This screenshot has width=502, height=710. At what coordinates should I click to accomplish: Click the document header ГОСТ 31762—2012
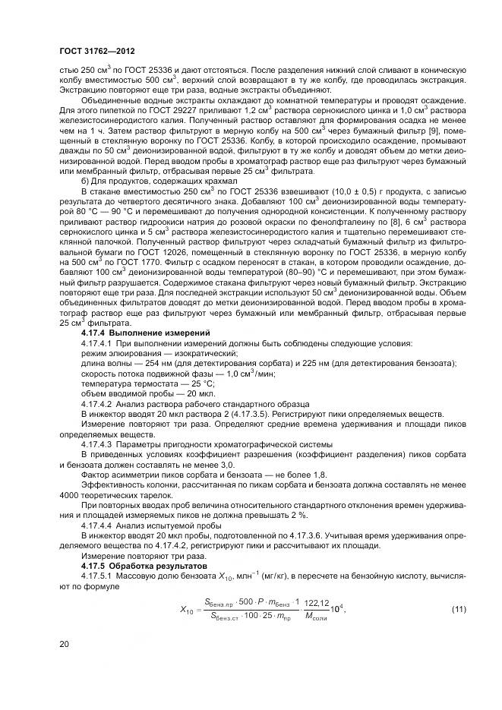point(93,52)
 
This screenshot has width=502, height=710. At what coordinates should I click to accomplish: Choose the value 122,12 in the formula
point(327,582)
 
